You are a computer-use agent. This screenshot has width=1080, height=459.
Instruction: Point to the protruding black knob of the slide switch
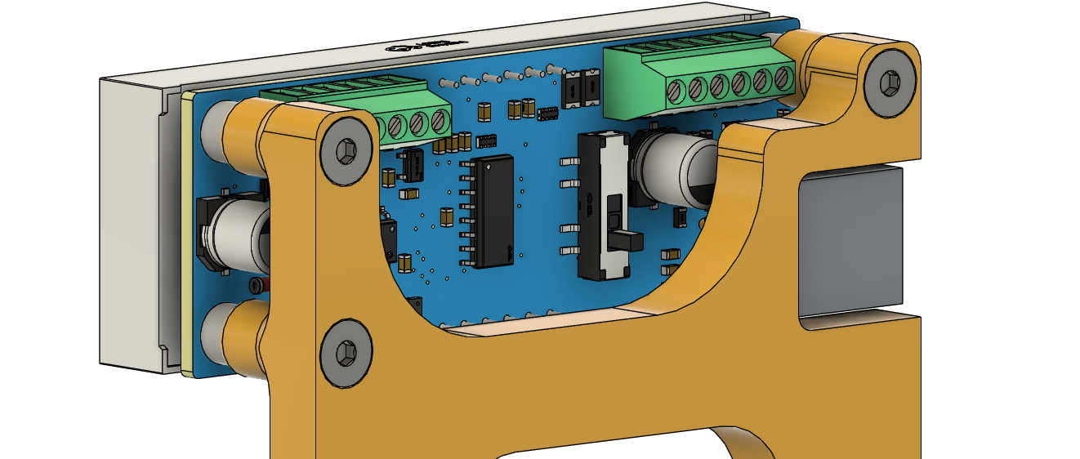coord(627,241)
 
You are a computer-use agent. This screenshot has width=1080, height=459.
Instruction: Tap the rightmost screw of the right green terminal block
coord(783,79)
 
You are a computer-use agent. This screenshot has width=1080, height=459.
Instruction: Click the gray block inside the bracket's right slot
coord(850,241)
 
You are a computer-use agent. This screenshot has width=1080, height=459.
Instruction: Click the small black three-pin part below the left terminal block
coord(411,166)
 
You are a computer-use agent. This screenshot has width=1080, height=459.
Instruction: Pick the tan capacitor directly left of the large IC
coord(446,216)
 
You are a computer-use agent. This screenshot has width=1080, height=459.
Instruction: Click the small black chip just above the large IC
coord(486,140)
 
